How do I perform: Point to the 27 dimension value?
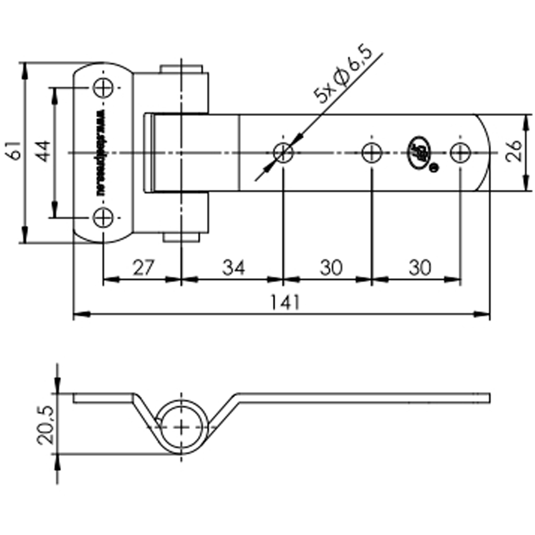[x=142, y=268]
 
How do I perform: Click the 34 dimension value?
[x=233, y=268]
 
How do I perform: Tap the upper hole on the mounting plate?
[x=103, y=88]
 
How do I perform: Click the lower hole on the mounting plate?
[x=103, y=218]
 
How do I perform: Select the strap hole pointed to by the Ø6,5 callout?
[x=283, y=153]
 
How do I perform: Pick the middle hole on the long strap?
[x=371, y=153]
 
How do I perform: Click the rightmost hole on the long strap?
[x=460, y=153]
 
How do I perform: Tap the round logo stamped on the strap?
[x=418, y=153]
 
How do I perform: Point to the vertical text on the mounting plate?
[x=101, y=153]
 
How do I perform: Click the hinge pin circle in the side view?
[x=181, y=427]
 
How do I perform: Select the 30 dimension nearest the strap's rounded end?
[x=420, y=268]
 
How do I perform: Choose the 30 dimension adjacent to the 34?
[x=331, y=268]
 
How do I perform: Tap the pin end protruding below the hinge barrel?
[x=181, y=237]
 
